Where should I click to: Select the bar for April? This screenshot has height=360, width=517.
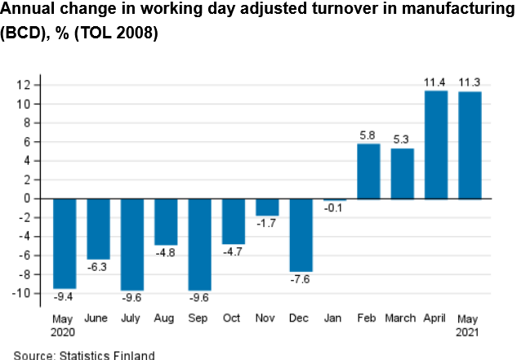436,144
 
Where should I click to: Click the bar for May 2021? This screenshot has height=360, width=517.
470,145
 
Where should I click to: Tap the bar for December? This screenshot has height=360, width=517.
301,234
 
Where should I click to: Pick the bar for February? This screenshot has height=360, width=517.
368,171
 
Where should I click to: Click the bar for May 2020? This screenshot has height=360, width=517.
65,243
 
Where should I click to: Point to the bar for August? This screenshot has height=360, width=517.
166,221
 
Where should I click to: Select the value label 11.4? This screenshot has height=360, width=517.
436,82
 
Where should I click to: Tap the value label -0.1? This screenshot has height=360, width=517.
335,210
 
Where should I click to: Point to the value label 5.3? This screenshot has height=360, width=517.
403,140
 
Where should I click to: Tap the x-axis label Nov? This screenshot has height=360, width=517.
267,319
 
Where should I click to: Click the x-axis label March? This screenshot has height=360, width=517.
403,319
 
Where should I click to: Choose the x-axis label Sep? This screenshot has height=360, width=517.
200,319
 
